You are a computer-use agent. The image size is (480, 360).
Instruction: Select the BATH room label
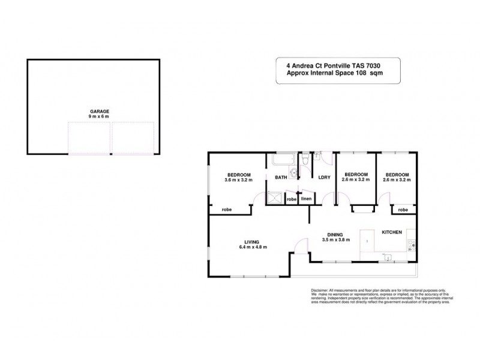281,178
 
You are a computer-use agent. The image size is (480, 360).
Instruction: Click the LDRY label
325,178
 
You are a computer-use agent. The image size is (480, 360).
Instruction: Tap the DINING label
335,235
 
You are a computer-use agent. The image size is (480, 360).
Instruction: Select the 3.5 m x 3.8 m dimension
335,241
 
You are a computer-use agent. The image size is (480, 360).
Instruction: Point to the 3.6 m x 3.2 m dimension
239,179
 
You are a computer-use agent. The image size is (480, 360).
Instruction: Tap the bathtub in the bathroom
282,160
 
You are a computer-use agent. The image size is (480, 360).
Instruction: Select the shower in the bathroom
276,198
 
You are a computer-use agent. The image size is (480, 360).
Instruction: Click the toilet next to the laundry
306,160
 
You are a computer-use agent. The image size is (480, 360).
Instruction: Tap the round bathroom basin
292,175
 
